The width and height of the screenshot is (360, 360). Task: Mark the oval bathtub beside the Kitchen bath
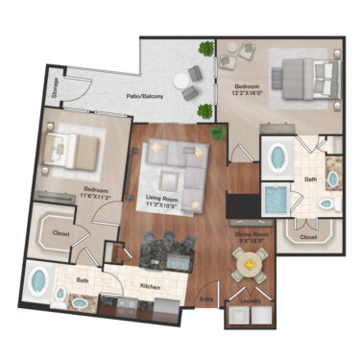click(40, 282)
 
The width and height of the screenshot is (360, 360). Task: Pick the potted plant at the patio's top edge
click(205, 48)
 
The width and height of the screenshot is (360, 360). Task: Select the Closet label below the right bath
click(308, 236)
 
